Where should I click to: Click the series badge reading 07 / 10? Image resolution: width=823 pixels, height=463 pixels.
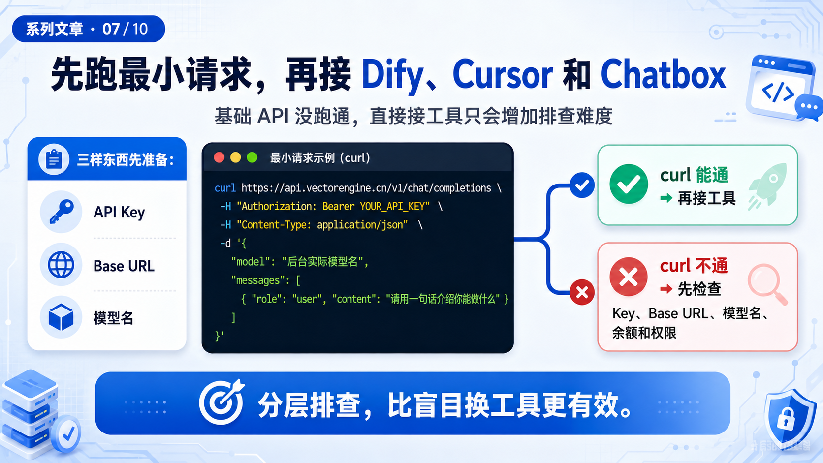click(x=88, y=29)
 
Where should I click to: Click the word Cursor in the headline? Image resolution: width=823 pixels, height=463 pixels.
click(x=502, y=75)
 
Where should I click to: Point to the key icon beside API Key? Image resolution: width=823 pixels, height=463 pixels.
click(x=61, y=212)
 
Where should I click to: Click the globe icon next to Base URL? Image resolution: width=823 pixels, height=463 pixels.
click(x=61, y=264)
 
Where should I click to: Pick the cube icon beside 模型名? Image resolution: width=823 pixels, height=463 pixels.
click(x=61, y=317)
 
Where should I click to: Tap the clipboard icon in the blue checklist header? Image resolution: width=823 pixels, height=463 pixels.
click(x=54, y=159)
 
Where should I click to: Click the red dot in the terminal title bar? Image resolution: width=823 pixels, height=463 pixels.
click(x=219, y=157)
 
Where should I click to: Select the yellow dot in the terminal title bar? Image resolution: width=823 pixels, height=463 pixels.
click(x=235, y=157)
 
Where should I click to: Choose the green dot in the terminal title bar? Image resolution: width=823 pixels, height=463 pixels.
click(x=252, y=157)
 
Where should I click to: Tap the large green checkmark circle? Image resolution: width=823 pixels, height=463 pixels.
click(x=629, y=184)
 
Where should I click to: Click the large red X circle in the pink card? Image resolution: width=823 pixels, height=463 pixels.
click(x=629, y=277)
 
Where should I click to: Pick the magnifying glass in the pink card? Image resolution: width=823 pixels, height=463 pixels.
click(x=767, y=283)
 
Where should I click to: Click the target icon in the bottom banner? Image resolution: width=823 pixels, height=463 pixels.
click(x=222, y=402)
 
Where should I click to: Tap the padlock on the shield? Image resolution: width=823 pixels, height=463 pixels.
click(x=786, y=418)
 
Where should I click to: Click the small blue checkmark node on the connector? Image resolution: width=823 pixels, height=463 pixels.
click(x=582, y=185)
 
